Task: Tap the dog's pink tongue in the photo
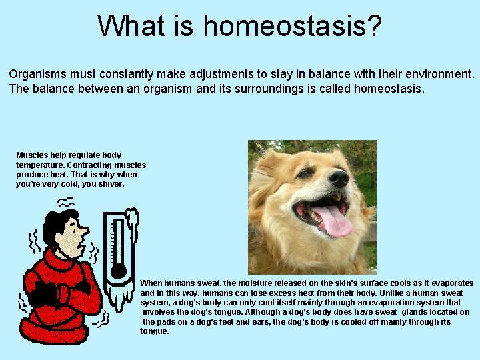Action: pos(334,221)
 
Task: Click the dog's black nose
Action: pos(338,178)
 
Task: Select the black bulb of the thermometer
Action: pos(119,271)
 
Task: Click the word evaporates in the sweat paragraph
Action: pos(451,283)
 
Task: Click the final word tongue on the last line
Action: pos(154,331)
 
